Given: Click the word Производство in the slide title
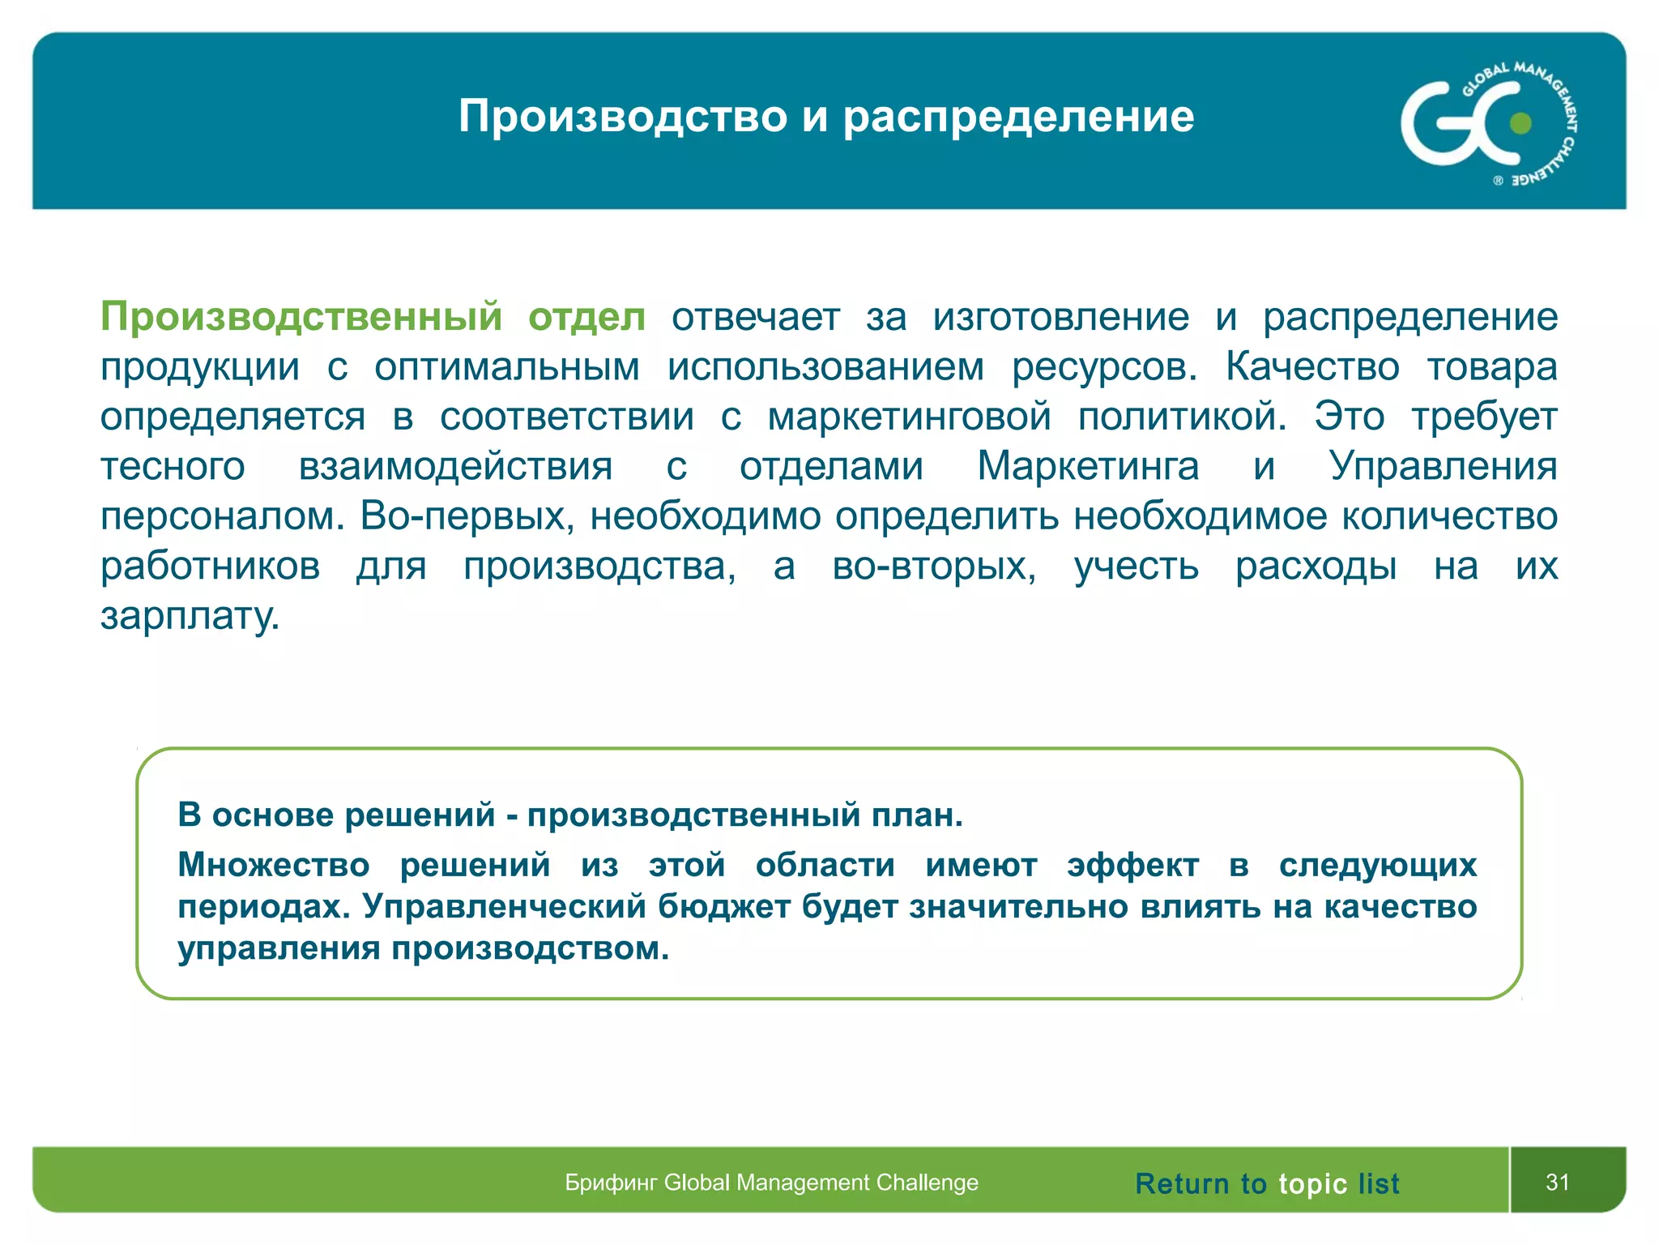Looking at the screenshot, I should tap(622, 116).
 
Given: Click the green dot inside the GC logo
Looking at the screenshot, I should tap(1521, 123).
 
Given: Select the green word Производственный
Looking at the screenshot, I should tap(301, 317).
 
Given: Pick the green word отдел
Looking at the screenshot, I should tap(586, 317).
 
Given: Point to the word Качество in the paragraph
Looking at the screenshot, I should tap(1311, 366).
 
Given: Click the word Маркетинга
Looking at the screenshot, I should tap(1087, 466).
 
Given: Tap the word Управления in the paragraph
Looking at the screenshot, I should tap(1443, 466).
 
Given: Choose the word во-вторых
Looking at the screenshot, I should tap(934, 566).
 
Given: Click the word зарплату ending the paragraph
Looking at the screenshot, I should tap(190, 616).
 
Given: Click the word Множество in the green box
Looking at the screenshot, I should tap(273, 865).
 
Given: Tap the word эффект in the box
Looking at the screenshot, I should tap(1132, 865).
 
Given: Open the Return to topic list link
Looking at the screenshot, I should tap(1266, 1183).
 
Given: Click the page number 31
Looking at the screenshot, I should tap(1557, 1182).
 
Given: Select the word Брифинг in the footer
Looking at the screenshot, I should tap(611, 1183).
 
